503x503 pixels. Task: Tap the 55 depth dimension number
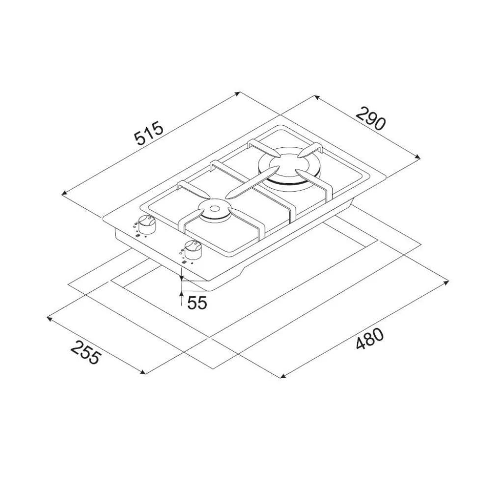pyautogui.click(x=197, y=303)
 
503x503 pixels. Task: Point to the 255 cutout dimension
pyautogui.click(x=85, y=352)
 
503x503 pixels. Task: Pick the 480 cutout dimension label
pyautogui.click(x=369, y=339)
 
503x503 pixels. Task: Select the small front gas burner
pyautogui.click(x=214, y=212)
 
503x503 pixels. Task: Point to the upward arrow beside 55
pyautogui.click(x=182, y=298)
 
